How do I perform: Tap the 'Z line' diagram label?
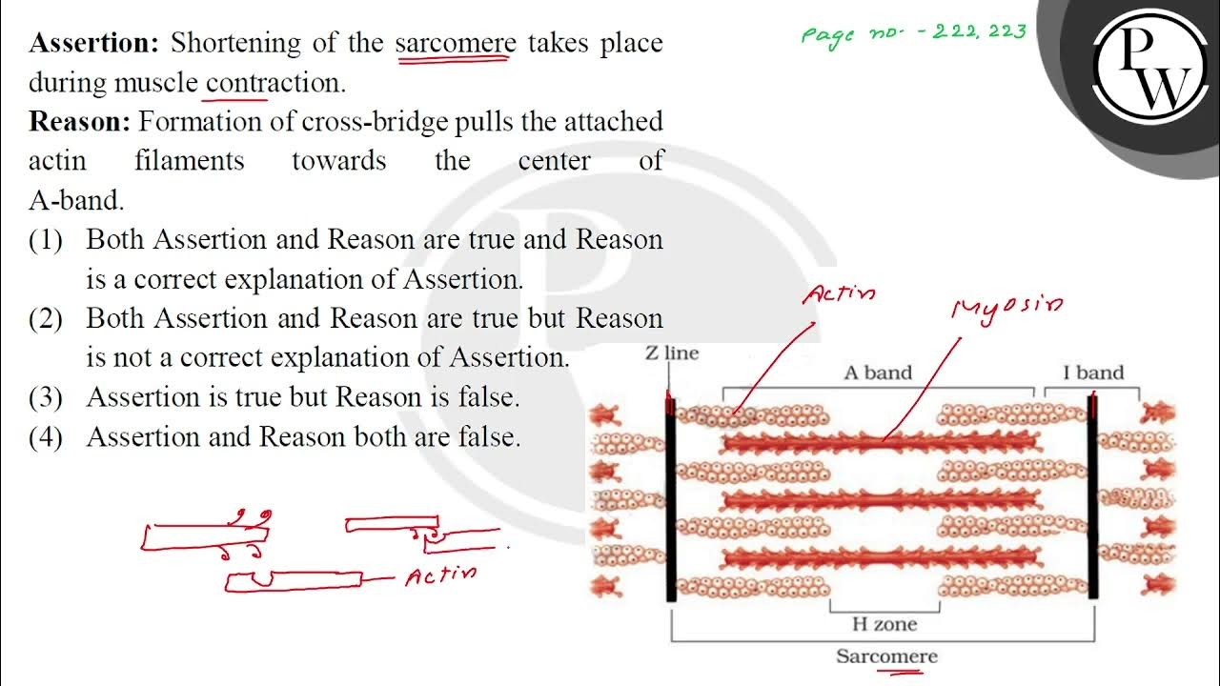(x=671, y=353)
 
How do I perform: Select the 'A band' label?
(x=877, y=373)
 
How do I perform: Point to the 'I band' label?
(x=1093, y=373)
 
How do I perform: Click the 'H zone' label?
(x=884, y=624)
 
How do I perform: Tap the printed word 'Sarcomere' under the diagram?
(x=886, y=656)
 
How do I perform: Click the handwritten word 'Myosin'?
(x=1006, y=307)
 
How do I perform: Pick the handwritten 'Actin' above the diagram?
(x=839, y=293)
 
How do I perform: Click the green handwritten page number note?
(x=913, y=33)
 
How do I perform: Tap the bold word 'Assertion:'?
(x=95, y=43)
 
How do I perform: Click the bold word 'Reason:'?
(x=80, y=122)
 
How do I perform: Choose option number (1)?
(x=46, y=239)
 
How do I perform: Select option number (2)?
(x=46, y=318)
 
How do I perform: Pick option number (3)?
(x=46, y=397)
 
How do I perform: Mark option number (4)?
(x=46, y=437)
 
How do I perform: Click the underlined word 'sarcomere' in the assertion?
(x=456, y=44)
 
